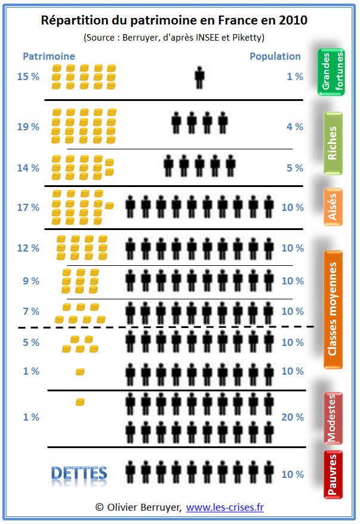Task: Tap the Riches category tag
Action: click(333, 143)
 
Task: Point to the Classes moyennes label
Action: click(333, 309)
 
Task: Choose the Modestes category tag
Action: click(333, 418)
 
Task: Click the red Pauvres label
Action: click(333, 474)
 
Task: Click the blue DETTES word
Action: click(79, 474)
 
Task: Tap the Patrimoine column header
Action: click(49, 56)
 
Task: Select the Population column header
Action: click(275, 56)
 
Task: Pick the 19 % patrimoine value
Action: click(28, 127)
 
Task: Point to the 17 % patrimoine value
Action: click(28, 208)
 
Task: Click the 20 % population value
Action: click(293, 417)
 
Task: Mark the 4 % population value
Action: click(295, 127)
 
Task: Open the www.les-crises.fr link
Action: click(224, 507)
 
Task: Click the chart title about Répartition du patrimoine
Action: click(174, 20)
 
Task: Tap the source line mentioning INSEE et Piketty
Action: click(174, 37)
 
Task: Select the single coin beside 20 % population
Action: click(80, 402)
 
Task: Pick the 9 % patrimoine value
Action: click(30, 281)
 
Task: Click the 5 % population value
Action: click(295, 168)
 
